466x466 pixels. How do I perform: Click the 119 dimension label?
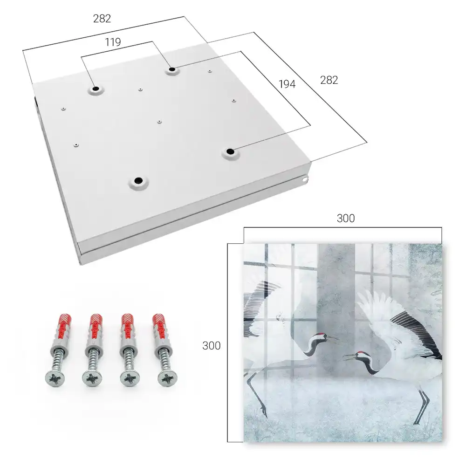pyautogui.click(x=113, y=42)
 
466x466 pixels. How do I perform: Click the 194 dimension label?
pyautogui.click(x=287, y=84)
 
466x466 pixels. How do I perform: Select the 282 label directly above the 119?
pyautogui.click(x=102, y=19)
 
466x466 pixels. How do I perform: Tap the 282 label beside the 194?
pyautogui.click(x=329, y=80)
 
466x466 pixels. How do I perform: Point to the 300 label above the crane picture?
pyautogui.click(x=346, y=219)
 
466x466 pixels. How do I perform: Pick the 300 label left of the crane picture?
pyautogui.click(x=211, y=346)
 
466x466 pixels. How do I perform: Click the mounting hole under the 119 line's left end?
pyautogui.click(x=96, y=89)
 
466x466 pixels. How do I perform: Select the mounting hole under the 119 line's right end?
pyautogui.click(x=172, y=69)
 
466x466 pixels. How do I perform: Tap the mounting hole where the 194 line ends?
pyautogui.click(x=230, y=151)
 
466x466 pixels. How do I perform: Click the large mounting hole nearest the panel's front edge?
pyautogui.click(x=138, y=180)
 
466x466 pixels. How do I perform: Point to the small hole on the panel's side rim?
pyautogui.click(x=305, y=179)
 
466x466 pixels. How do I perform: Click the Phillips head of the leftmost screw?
pyautogui.click(x=55, y=378)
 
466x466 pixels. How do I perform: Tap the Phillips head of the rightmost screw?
pyautogui.click(x=167, y=378)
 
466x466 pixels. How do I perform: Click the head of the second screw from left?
pyautogui.click(x=92, y=378)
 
